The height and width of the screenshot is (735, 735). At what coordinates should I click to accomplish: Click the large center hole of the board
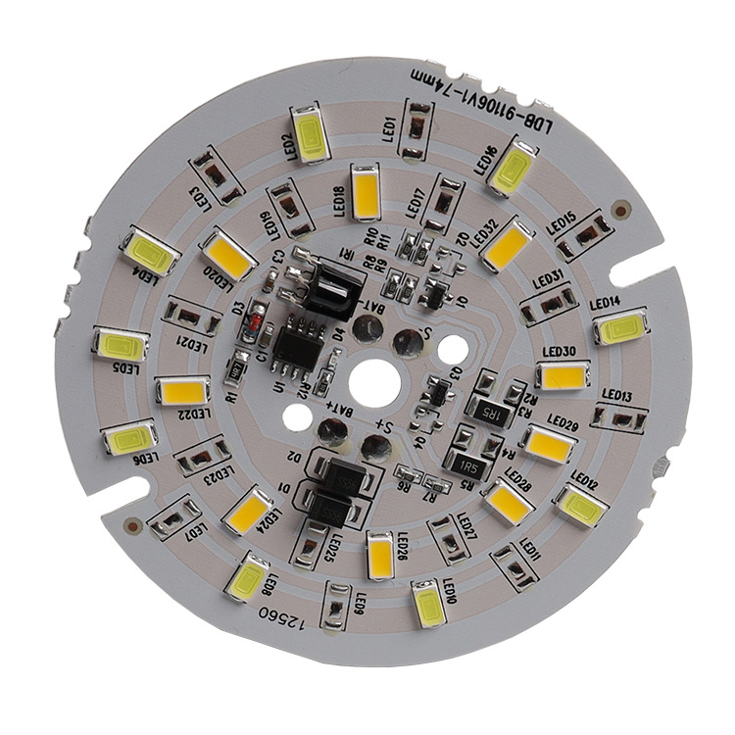372,382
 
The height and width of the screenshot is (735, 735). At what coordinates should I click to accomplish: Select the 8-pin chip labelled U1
297,347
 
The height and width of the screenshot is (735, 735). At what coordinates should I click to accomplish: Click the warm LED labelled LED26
381,554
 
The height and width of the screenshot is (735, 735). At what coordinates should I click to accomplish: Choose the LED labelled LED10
428,603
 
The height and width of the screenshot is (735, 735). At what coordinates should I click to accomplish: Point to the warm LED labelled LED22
182,392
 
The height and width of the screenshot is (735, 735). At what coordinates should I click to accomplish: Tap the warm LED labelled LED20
228,254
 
